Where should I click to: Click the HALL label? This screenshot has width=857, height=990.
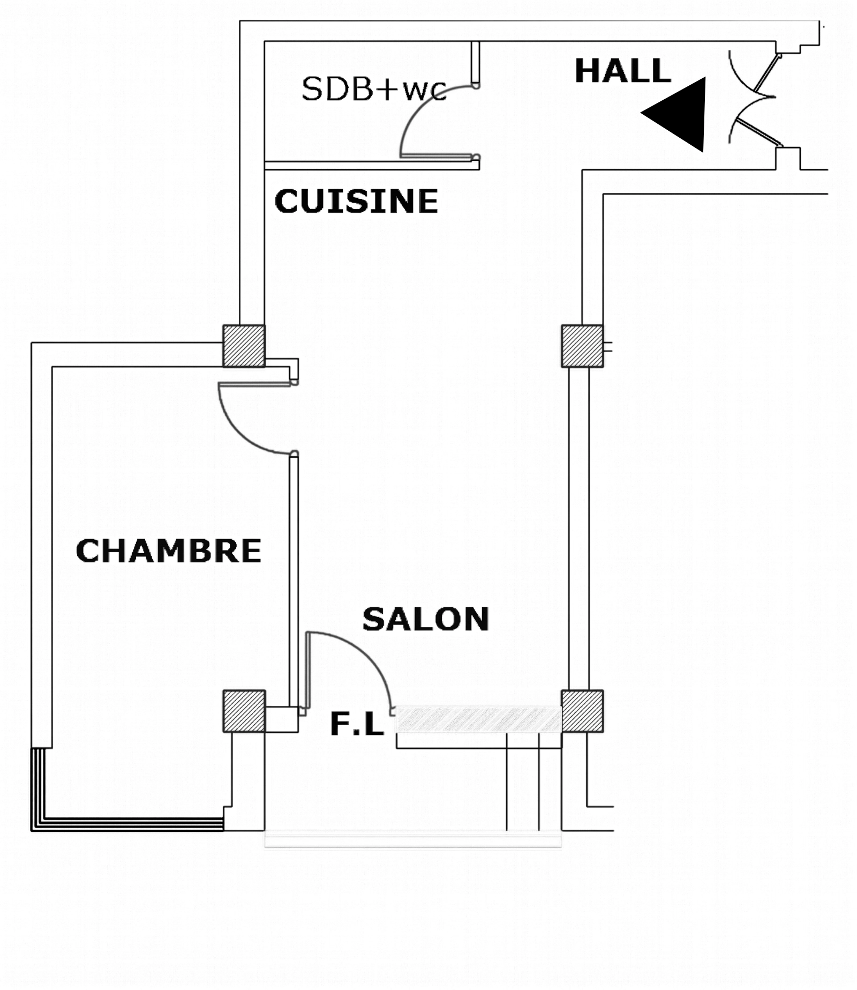[622, 71]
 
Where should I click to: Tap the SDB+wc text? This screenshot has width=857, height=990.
[374, 89]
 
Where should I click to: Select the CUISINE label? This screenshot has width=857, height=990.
[356, 201]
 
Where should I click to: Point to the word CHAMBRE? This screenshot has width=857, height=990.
[169, 550]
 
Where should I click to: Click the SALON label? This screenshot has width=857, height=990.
[426, 619]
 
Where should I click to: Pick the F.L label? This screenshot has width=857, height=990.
[357, 724]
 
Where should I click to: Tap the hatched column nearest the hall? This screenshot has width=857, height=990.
[582, 346]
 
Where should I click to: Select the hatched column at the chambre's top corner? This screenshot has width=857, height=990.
[244, 346]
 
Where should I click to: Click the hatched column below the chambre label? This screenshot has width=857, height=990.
[244, 711]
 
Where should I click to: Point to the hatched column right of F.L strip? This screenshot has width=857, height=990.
[582, 711]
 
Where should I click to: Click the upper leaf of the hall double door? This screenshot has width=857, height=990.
[765, 73]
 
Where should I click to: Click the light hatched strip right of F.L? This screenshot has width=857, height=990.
[478, 719]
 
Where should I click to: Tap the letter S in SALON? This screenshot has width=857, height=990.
[373, 619]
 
